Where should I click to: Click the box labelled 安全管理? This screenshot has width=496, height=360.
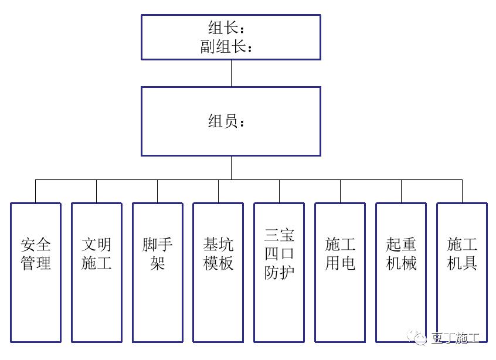(36, 272)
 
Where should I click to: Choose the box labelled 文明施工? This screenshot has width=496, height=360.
(97, 272)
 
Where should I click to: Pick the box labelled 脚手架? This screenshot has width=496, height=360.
(158, 272)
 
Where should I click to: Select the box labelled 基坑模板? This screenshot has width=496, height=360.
(219, 272)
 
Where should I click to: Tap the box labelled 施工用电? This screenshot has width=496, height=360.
(340, 272)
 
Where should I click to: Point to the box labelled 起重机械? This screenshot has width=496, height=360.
(401, 272)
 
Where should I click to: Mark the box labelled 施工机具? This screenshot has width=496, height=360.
(462, 272)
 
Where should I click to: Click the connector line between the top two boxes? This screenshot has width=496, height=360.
(231, 73)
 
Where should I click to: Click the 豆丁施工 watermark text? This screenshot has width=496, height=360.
(456, 338)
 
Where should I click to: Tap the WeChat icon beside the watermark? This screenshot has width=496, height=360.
(420, 338)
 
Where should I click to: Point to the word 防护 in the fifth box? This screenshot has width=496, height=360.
(279, 273)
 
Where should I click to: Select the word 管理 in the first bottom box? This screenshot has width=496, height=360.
(36, 263)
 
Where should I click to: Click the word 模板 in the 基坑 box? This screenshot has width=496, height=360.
(219, 263)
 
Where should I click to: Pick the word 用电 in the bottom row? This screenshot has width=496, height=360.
(340, 263)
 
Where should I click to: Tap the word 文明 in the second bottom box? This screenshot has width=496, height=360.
(97, 244)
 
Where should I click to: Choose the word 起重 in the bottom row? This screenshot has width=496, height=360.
(401, 244)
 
